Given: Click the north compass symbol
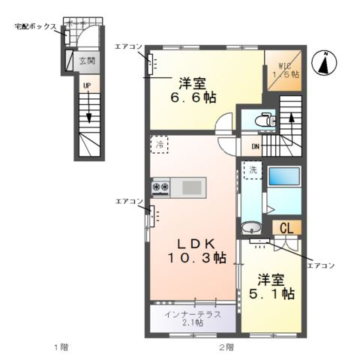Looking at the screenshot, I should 325,64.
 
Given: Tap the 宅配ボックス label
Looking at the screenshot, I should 35,26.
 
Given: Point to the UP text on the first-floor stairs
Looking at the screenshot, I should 87,86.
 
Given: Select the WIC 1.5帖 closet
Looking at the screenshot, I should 285,70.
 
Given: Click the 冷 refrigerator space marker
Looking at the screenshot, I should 159,145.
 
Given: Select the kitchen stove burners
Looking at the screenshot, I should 161,187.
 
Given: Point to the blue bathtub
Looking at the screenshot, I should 284,178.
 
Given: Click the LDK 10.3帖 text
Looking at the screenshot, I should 196,250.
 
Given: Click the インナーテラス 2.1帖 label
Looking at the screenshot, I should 193,318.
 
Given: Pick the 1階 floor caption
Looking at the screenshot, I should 63,347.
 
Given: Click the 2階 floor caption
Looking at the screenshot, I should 226,347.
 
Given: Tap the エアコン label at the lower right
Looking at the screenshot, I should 320,265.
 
